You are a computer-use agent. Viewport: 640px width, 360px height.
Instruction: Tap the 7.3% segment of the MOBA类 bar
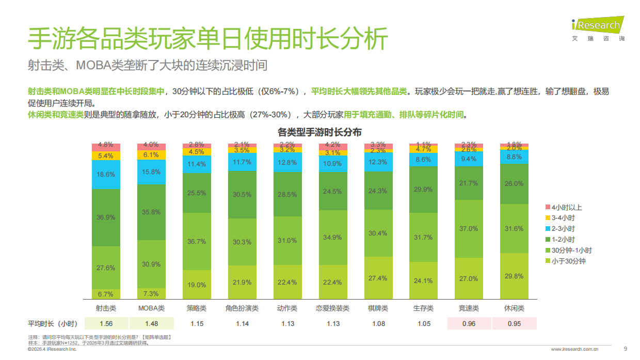coord(151,293)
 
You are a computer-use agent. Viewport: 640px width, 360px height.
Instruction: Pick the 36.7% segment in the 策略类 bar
coord(196,241)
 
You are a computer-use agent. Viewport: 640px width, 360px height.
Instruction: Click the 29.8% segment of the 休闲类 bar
coord(514,276)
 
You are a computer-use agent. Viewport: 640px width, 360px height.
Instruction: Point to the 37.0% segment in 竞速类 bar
coord(469,229)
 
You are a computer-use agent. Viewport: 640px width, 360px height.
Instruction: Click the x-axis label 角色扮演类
coord(242,308)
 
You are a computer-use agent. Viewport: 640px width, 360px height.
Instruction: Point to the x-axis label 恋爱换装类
coord(332,308)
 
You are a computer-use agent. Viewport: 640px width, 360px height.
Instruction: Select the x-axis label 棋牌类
coord(378,308)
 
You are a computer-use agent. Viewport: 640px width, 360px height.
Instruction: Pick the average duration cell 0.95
coord(514,324)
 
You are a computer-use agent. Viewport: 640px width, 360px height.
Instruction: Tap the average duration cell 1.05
coord(423,324)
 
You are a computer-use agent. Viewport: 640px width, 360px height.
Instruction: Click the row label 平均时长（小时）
coord(53,324)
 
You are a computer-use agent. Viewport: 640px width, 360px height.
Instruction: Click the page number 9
coord(626,349)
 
